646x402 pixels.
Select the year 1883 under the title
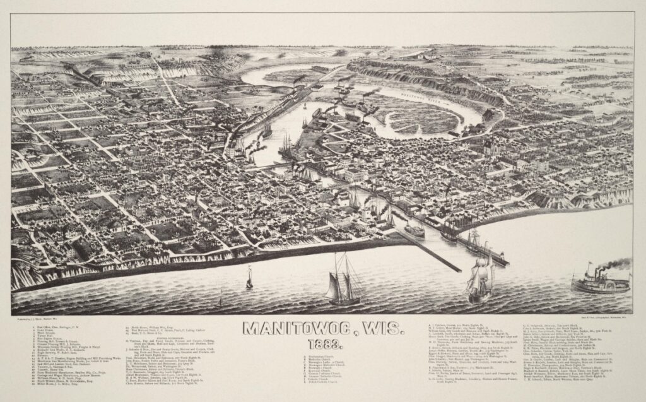[322, 345]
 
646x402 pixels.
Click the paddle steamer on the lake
[600, 282]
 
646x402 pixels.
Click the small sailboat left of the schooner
[250, 277]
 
